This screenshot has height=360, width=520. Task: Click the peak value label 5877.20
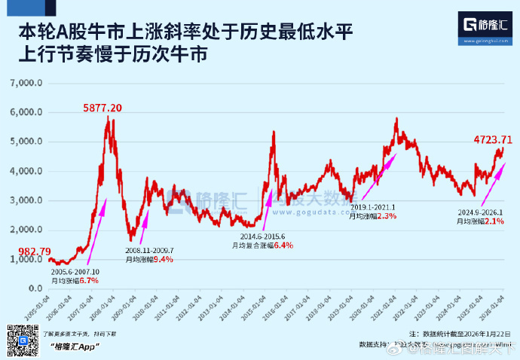click(x=102, y=108)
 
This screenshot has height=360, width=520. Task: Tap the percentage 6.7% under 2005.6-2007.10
click(x=89, y=280)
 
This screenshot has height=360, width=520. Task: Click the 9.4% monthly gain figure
click(x=163, y=260)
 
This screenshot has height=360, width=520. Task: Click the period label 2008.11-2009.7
click(x=149, y=251)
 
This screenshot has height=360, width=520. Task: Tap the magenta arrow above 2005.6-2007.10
click(x=97, y=233)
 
